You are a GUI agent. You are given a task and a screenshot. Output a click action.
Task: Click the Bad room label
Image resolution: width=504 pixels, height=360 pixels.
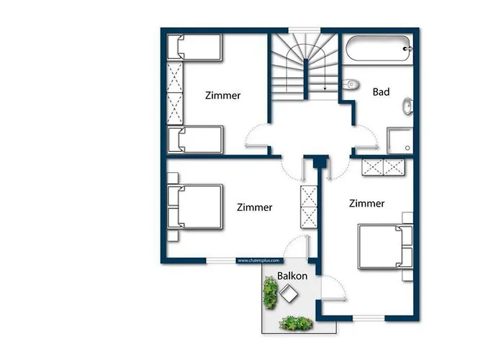(382, 92)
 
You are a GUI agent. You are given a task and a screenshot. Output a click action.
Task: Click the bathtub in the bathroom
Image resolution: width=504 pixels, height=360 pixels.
(378, 50)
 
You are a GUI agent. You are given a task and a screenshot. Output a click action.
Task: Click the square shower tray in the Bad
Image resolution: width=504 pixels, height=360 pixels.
(400, 140)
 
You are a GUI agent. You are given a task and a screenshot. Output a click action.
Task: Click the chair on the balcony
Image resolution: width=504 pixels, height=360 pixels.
(291, 293)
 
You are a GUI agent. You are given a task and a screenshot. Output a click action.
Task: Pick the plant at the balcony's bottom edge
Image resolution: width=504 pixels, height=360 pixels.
(295, 323)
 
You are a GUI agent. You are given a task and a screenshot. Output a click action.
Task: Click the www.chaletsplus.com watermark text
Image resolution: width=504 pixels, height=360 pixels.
(258, 261)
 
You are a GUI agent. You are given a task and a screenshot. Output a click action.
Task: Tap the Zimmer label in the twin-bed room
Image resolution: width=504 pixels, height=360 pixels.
(222, 96)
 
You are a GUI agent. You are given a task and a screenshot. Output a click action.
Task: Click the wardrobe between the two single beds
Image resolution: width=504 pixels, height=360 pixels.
(175, 94)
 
